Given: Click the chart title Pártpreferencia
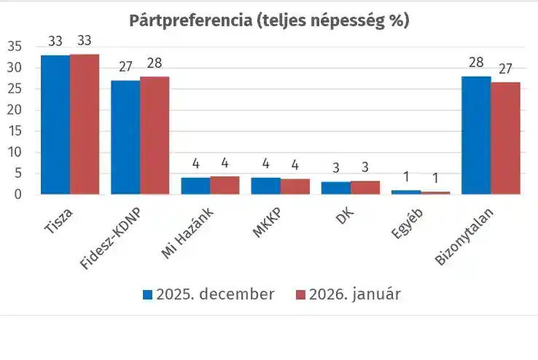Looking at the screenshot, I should coord(269,20).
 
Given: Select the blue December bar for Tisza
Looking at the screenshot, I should coord(55,125).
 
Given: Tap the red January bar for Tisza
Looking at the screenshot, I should coord(85,124).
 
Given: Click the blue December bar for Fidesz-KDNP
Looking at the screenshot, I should coord(125,137).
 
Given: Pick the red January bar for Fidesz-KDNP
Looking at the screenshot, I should coord(155,136).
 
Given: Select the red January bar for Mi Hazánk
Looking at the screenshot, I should coord(225,185).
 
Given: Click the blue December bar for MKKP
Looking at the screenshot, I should coord(265,186).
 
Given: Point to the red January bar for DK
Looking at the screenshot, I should coord(365,187).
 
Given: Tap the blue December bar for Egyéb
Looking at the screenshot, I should coord(406,192).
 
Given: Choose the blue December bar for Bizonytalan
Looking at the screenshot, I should coord(476,136).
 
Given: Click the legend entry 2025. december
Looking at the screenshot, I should coord(208,294).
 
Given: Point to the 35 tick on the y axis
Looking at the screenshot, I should coord(15,47).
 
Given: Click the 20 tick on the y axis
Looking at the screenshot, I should coord(15,110).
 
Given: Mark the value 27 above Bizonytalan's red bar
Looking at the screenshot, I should coord(505,69).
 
